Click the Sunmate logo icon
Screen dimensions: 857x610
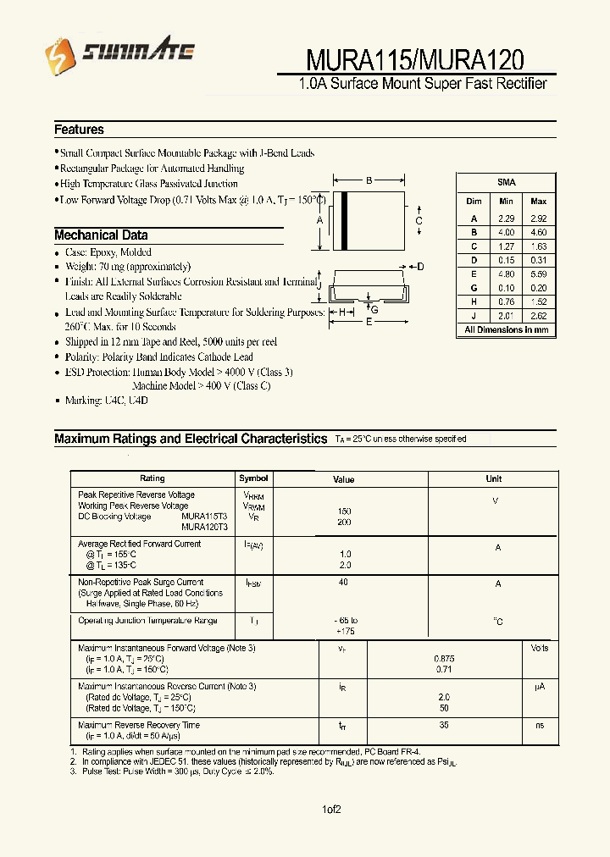(62, 54)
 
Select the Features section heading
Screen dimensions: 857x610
(79, 130)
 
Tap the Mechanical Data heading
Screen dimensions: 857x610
(101, 235)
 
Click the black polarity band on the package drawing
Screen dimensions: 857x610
(345, 221)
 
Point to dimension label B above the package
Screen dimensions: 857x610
(369, 180)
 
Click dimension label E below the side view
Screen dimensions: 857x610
(369, 322)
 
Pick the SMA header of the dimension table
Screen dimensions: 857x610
(506, 182)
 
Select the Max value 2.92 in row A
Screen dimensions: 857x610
(538, 218)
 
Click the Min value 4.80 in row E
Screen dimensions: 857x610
(506, 274)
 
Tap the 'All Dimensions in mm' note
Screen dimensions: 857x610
(506, 329)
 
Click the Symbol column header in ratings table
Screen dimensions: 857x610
(253, 478)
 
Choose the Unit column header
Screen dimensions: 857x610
(493, 478)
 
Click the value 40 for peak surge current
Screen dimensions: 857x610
(343, 582)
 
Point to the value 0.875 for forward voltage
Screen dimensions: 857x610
(444, 658)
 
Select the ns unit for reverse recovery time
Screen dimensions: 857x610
(539, 725)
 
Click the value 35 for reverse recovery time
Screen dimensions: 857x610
(444, 725)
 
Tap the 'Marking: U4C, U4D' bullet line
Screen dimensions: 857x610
(106, 401)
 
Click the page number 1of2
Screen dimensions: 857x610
(330, 810)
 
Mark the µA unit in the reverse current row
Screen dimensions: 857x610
(539, 686)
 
